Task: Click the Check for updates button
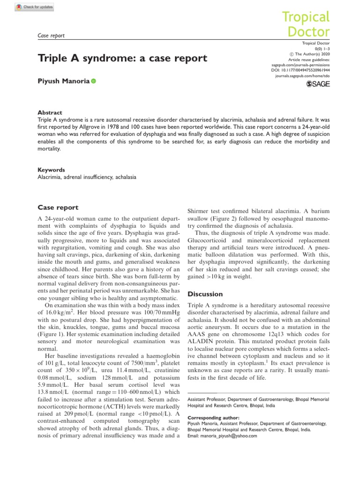coord(34,7)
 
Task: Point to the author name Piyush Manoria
coord(63,82)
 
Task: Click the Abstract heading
coord(49,113)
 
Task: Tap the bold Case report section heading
coord(58,207)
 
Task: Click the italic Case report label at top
coord(50,35)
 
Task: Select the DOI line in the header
coord(301,69)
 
